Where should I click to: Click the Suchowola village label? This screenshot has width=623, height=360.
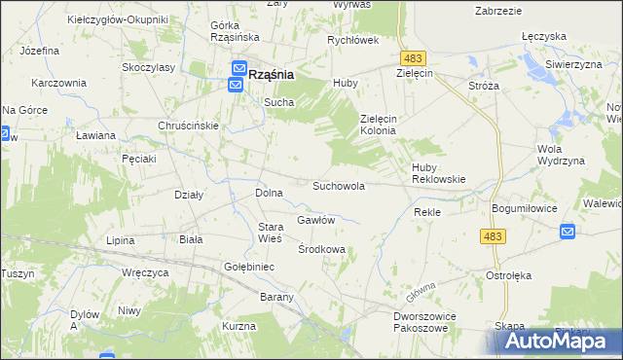tap(338, 185)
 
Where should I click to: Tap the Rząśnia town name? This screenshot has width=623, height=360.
tap(272, 73)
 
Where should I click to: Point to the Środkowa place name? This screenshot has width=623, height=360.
tap(321, 249)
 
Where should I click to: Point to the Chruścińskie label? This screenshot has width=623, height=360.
tap(188, 126)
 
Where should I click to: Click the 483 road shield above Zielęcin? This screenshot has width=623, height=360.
tap(413, 59)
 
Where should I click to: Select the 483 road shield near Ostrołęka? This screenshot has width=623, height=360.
tap(493, 236)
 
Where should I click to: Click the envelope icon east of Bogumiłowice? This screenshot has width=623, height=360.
tap(568, 232)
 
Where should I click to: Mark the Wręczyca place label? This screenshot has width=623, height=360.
tap(141, 272)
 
